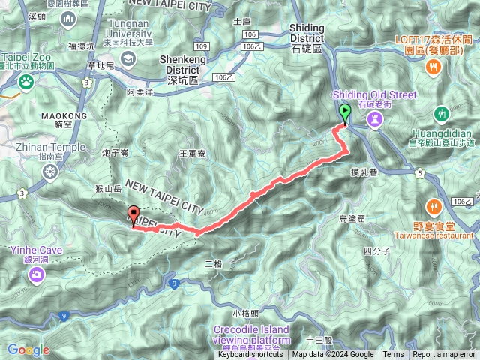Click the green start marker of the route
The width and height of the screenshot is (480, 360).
click(x=345, y=114)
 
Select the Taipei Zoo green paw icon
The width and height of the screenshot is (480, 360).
click(x=26, y=80)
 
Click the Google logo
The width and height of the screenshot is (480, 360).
click(x=28, y=349)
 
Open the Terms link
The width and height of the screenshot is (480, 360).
click(x=393, y=355)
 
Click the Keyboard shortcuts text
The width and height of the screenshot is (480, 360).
click(x=250, y=355)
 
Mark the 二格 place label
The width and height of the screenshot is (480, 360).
click(x=214, y=263)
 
